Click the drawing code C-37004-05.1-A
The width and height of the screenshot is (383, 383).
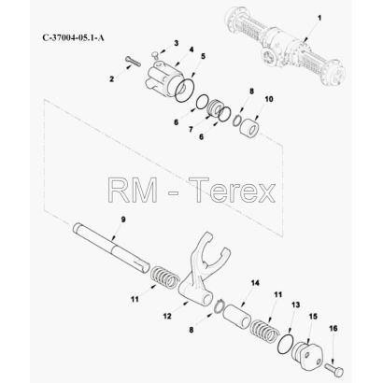[x=74, y=37]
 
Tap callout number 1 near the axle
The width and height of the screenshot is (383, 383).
[x=319, y=18]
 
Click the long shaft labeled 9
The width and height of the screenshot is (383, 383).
[x=111, y=248]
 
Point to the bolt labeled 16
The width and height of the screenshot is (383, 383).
[x=334, y=368]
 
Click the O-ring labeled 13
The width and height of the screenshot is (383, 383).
[x=285, y=345]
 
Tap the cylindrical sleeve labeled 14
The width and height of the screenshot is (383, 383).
[x=237, y=317]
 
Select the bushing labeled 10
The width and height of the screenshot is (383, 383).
[x=249, y=127]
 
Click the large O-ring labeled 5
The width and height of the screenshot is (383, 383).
[x=185, y=91]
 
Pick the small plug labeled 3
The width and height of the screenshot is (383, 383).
[x=154, y=55]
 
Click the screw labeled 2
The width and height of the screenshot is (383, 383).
[x=133, y=61]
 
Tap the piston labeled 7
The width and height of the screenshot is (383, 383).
[x=215, y=108]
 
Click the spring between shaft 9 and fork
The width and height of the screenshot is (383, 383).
[x=165, y=276]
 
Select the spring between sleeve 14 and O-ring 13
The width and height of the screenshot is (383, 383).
[x=264, y=331]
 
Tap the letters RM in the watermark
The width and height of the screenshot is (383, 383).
[x=132, y=190]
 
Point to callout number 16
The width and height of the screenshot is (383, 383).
[x=333, y=329]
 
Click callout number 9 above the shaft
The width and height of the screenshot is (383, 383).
[x=123, y=220]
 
